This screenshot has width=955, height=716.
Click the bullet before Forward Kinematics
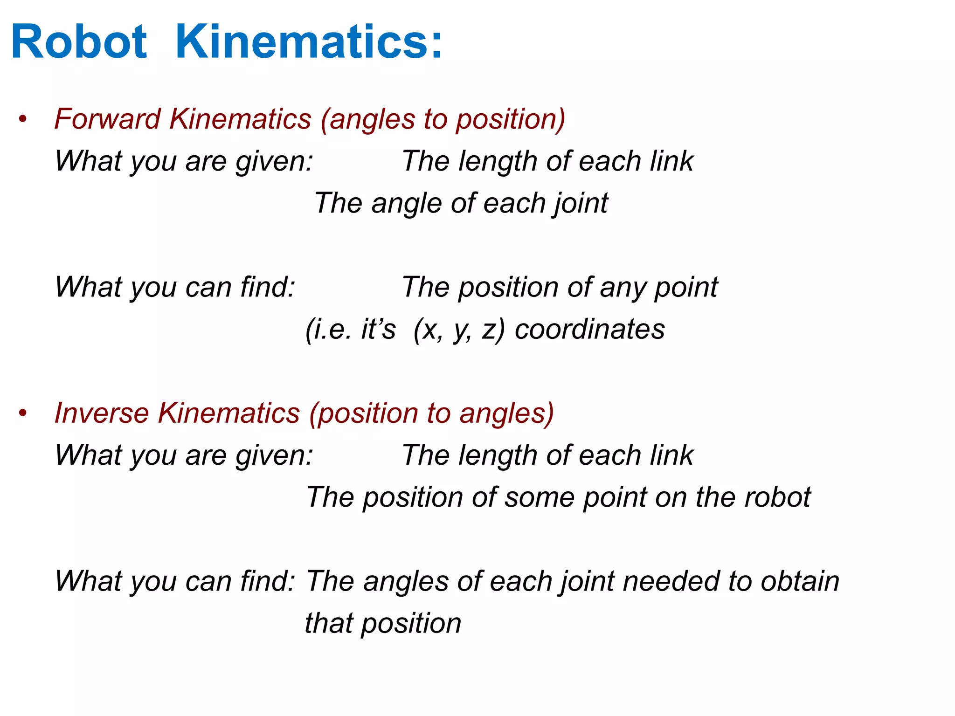[x=23, y=119]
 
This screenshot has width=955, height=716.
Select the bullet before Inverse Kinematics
[x=23, y=413]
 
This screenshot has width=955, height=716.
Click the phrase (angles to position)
[x=443, y=119]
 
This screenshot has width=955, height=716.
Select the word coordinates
[x=589, y=330]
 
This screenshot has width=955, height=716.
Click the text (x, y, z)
[x=459, y=330]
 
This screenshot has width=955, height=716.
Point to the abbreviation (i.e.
[x=328, y=330]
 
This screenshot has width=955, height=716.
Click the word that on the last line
[x=328, y=624]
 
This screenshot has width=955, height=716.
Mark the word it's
[x=378, y=330]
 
